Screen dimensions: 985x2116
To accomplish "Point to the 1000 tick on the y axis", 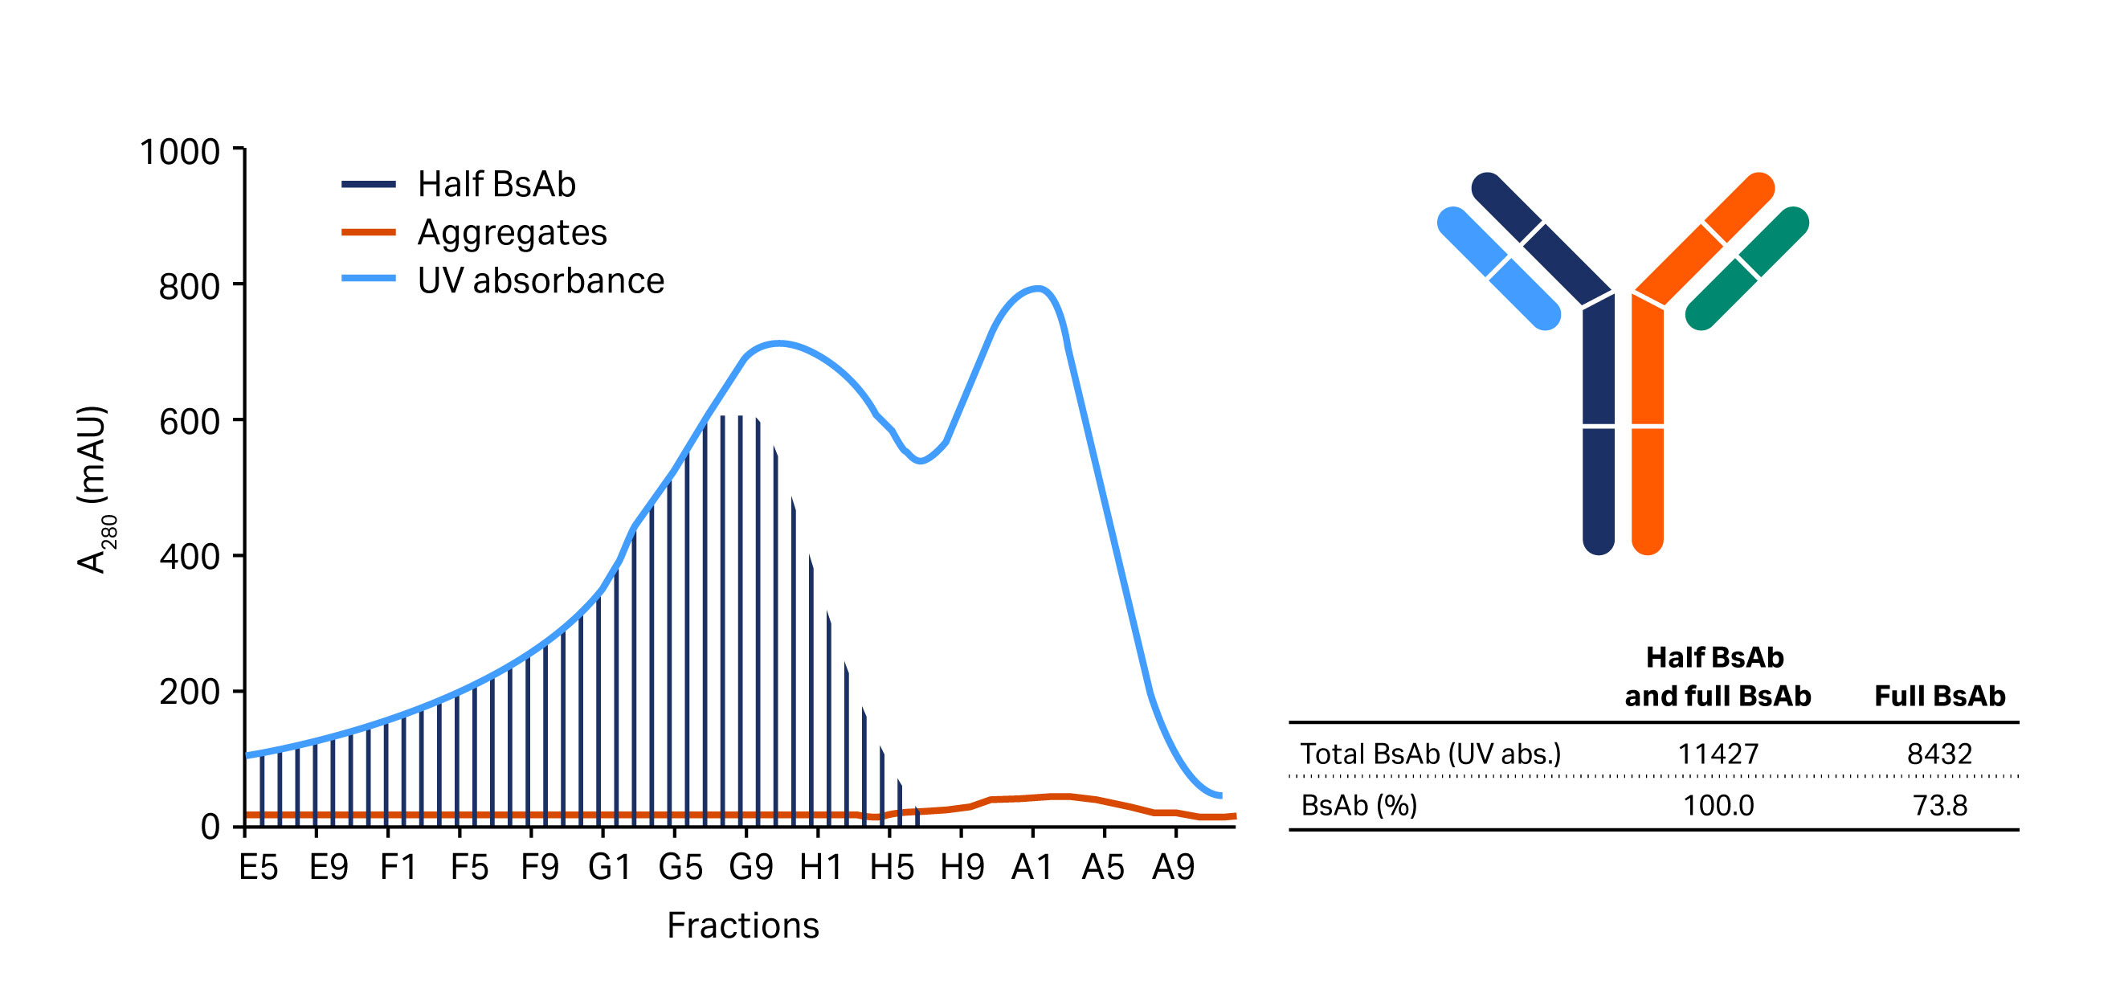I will (180, 152).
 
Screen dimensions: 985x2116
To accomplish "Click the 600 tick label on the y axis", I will (189, 423).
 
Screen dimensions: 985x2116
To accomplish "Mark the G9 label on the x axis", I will (751, 868).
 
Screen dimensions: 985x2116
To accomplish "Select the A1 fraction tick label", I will (1031, 868).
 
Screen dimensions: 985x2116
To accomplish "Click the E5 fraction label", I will (258, 868).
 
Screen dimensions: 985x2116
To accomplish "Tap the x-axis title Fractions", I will (742, 926).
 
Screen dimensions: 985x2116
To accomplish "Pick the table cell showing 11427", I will (1718, 754).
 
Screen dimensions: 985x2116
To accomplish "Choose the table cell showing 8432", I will (1938, 754).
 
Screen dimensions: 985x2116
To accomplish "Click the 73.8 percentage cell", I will (1939, 806).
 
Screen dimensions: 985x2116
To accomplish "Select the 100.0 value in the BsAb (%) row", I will (1718, 806).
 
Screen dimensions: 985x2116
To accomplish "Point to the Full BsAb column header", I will (1939, 697).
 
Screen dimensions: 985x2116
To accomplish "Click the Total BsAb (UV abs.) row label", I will (1430, 754).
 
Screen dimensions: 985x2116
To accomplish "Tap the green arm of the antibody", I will (1746, 269).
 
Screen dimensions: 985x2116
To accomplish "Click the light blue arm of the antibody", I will (1498, 268).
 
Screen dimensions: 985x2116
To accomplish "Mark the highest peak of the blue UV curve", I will (1037, 289).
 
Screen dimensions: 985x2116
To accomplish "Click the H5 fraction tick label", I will (891, 868).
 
